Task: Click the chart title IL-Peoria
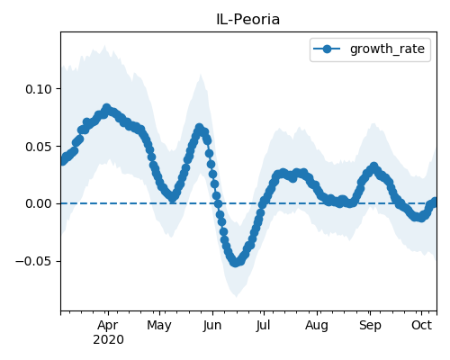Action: (247, 20)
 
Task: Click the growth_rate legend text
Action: (387, 49)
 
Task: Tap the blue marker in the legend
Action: (327, 49)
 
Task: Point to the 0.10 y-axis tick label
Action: (39, 89)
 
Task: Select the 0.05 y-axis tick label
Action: (39, 147)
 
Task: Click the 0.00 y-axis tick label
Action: (39, 204)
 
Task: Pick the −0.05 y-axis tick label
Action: (33, 261)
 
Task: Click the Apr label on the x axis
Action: (108, 326)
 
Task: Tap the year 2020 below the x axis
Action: (108, 340)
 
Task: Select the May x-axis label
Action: (159, 326)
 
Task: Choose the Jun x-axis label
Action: (212, 326)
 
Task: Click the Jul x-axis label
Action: (263, 326)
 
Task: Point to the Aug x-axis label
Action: (317, 326)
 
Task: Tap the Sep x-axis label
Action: (370, 326)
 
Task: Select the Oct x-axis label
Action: (421, 326)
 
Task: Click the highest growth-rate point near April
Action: (106, 108)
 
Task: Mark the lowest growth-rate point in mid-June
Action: (236, 263)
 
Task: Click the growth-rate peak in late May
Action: (199, 128)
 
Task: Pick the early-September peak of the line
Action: (373, 166)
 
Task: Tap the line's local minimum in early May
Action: (173, 197)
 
